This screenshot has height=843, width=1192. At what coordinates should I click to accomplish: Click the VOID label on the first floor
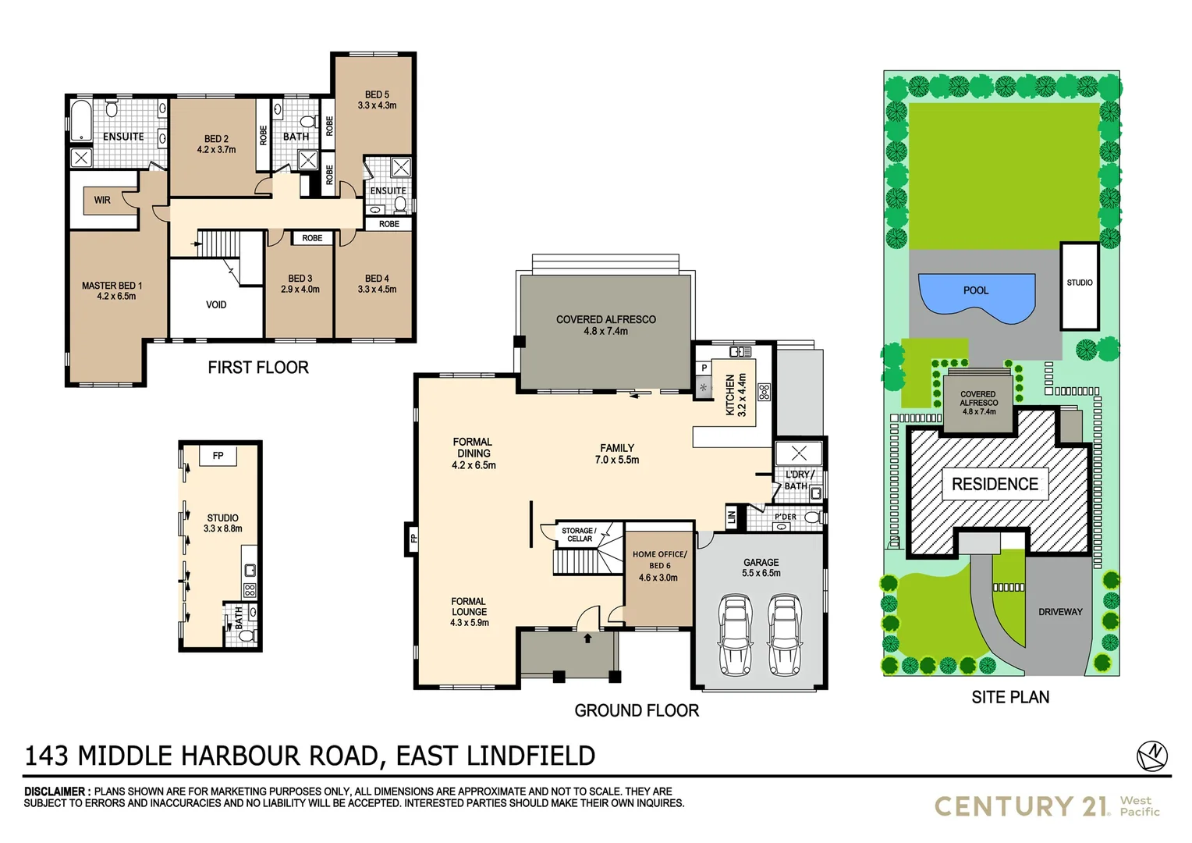[216, 304]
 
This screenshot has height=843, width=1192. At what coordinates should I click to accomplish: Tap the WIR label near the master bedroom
[102, 200]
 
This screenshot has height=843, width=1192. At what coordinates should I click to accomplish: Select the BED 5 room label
[377, 94]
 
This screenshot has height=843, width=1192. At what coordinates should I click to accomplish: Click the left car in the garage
[735, 634]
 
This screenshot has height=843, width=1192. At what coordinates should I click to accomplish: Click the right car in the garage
[785, 634]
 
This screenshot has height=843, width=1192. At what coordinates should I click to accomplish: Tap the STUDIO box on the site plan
[1079, 286]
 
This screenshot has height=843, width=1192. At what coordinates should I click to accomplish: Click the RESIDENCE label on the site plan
[995, 484]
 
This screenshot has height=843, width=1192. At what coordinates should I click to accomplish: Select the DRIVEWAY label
[1060, 612]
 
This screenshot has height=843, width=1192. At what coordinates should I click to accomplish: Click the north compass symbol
[1152, 755]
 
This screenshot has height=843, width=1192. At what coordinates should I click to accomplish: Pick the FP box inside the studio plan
[218, 456]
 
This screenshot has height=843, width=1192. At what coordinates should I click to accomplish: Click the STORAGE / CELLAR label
[579, 535]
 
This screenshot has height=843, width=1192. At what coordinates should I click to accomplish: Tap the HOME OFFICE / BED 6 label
[659, 560]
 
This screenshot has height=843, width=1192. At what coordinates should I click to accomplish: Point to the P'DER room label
[785, 517]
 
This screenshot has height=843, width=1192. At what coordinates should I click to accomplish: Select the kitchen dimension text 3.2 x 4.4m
[742, 394]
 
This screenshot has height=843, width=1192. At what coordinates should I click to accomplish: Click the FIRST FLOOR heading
[258, 368]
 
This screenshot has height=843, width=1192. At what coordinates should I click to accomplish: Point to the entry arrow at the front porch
[587, 638]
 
